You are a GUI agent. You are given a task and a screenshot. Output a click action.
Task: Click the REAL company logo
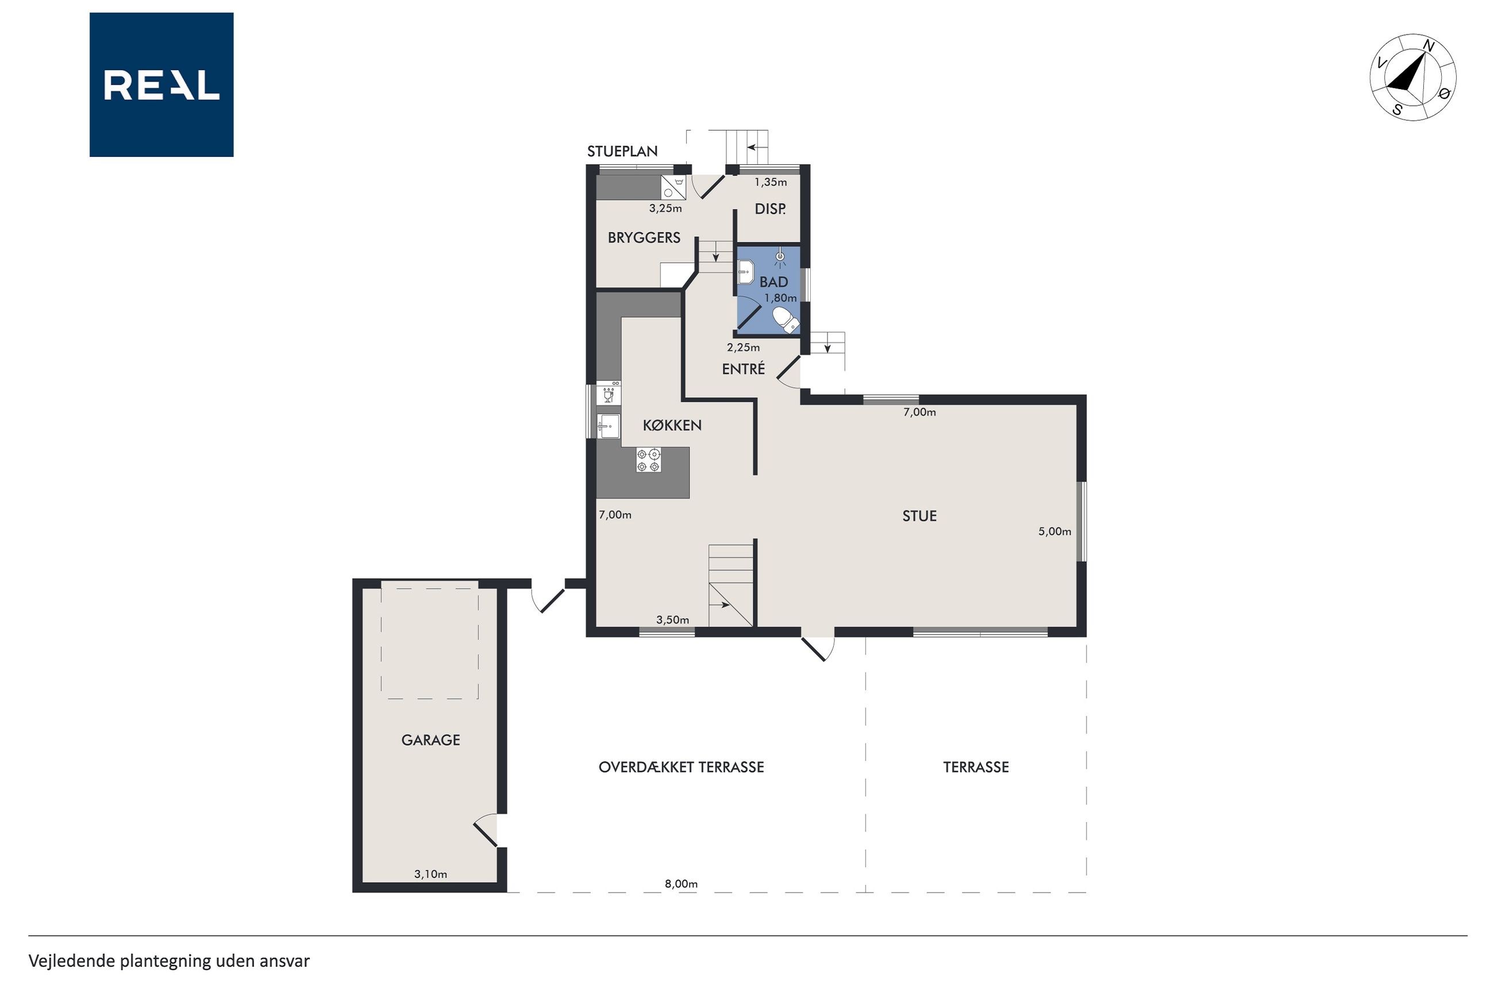[161, 84]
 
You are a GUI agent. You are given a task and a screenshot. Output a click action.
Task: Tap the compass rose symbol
[1413, 77]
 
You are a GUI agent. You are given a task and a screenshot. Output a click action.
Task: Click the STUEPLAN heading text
[622, 151]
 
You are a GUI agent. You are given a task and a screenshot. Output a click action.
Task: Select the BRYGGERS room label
[644, 237]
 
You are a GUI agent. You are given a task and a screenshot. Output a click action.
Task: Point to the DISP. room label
[770, 209]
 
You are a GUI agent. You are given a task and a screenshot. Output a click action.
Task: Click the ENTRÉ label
[744, 368]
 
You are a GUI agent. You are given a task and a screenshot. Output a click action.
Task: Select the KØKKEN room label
[672, 425]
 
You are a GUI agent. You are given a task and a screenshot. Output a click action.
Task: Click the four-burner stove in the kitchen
[648, 460]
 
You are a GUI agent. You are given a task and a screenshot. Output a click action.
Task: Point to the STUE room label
[919, 516]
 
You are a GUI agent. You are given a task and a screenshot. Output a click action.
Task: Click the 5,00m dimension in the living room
[1054, 532]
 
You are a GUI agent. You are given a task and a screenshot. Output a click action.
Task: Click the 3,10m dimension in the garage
[430, 874]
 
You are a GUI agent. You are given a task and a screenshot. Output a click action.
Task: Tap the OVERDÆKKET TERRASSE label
[681, 767]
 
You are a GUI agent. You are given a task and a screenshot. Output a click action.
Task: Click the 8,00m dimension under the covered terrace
[681, 883]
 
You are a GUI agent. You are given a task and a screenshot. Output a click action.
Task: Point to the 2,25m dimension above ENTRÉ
[744, 348]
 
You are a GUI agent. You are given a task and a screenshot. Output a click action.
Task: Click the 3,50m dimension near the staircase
[672, 620]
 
